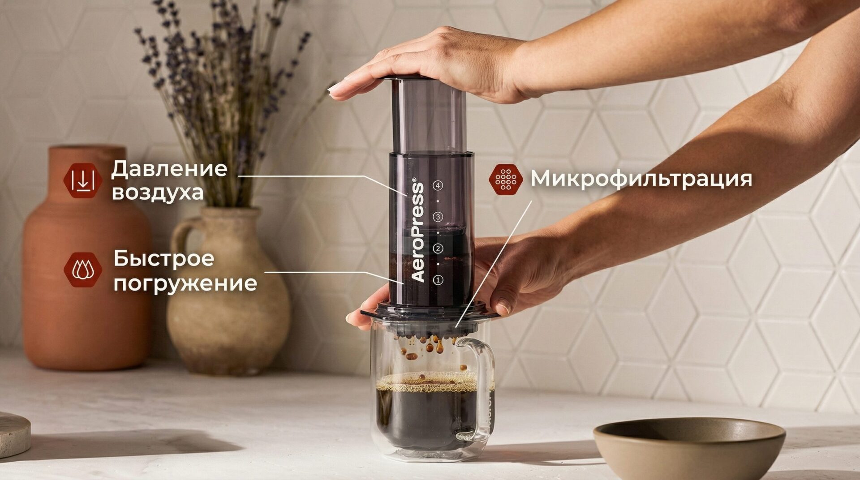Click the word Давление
click(169, 168)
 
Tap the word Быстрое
click(163, 258)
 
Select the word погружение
click(185, 283)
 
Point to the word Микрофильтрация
click(641, 179)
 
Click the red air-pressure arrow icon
click(83, 180)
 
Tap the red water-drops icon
click(83, 270)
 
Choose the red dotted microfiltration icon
click(506, 179)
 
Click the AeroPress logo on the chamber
click(417, 231)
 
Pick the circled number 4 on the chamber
click(438, 185)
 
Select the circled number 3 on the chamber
click(438, 217)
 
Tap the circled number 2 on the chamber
click(438, 249)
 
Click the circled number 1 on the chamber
click(438, 280)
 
